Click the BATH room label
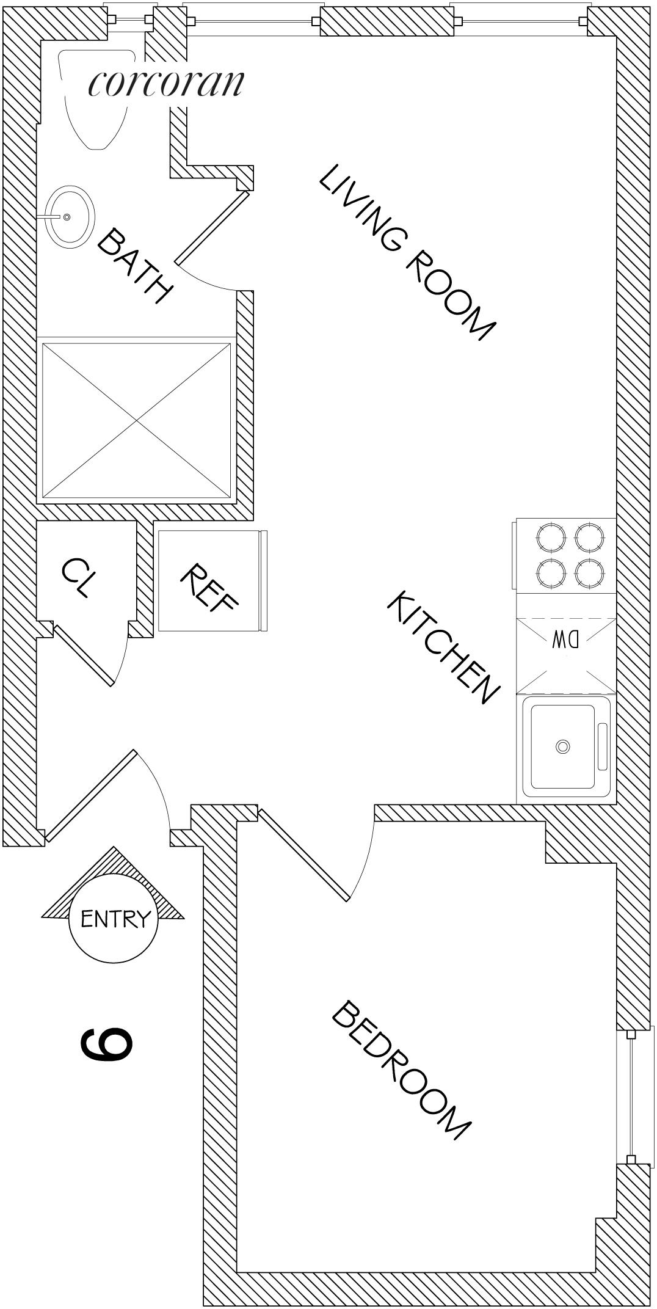[x=134, y=266]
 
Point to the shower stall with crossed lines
[x=136, y=420]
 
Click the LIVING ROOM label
[x=406, y=252]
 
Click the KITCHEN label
[x=443, y=647]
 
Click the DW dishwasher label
[x=565, y=640]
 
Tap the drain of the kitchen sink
[x=562, y=746]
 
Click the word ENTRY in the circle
[x=114, y=918]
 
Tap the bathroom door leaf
[x=212, y=228]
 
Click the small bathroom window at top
[x=129, y=20]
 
